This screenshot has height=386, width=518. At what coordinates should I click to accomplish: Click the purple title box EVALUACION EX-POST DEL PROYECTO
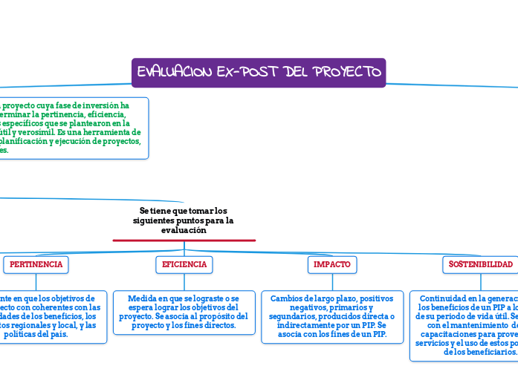[259, 72]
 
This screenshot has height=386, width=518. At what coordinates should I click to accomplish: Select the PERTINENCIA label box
[36, 264]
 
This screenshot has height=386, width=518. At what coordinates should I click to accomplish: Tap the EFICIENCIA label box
[184, 264]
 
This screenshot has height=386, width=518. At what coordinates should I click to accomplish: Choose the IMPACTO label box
[332, 264]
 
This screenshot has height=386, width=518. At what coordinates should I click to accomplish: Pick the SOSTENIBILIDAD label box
[480, 264]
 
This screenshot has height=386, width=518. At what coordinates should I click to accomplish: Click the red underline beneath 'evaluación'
[184, 240]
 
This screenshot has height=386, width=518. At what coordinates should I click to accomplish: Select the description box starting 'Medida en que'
[184, 312]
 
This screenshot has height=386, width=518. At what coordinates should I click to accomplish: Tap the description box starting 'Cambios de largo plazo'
[332, 316]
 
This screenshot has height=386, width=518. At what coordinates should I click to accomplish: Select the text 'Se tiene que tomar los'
[184, 211]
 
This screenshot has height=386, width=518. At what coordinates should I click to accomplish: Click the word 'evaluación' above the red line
[184, 230]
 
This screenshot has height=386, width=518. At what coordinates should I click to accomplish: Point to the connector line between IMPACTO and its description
[332, 281]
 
